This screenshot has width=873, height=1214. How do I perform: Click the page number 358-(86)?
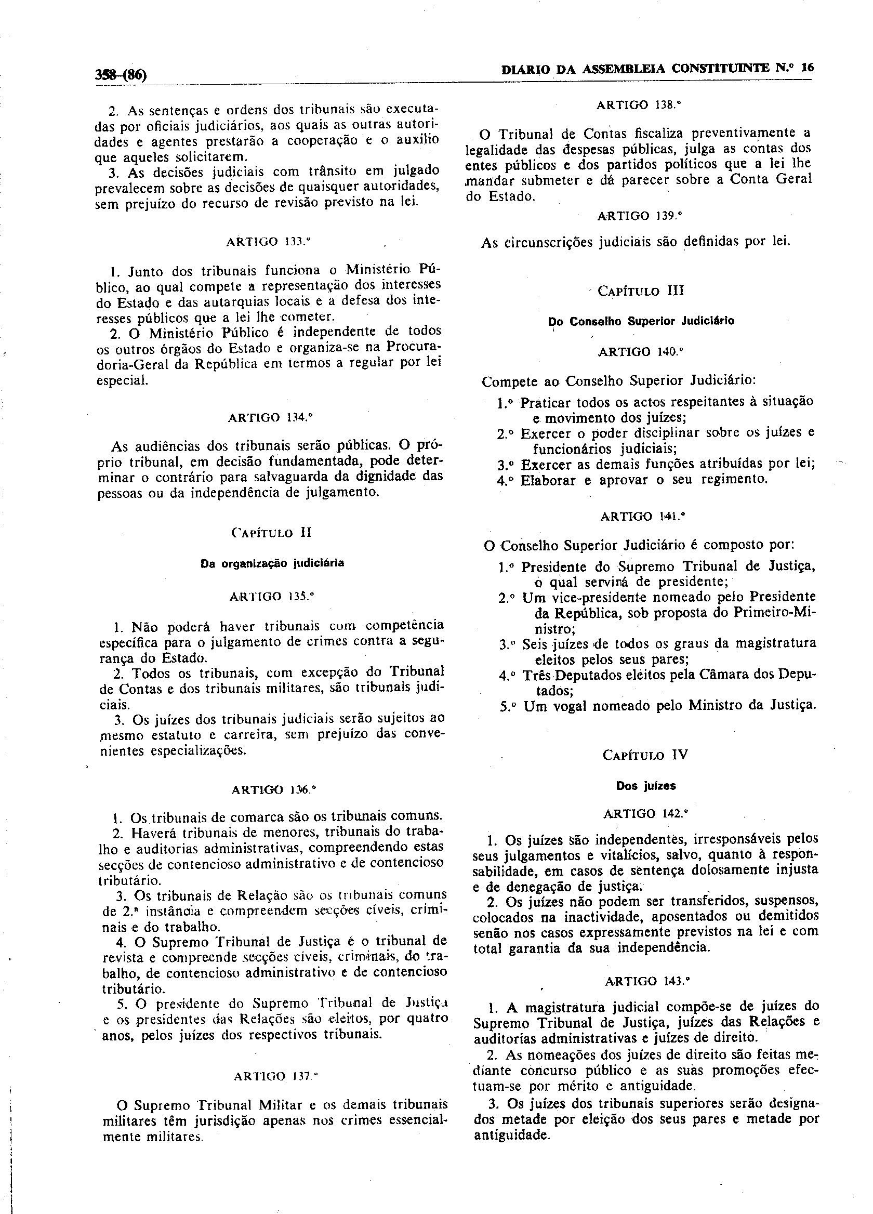(x=121, y=74)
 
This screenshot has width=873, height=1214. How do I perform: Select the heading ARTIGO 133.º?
(x=268, y=242)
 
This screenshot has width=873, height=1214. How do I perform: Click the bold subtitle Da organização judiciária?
(x=272, y=563)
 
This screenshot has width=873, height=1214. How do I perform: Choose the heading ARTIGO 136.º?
(x=273, y=789)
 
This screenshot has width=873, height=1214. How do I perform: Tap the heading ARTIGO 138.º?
(x=638, y=105)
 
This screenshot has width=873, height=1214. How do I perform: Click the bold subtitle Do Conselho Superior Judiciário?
(x=641, y=322)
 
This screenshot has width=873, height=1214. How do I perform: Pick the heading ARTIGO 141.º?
(x=643, y=517)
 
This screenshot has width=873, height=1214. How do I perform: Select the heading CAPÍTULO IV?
(x=645, y=755)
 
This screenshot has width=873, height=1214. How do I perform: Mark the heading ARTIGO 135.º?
(x=271, y=596)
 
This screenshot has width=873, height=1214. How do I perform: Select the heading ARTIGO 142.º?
(x=645, y=814)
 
